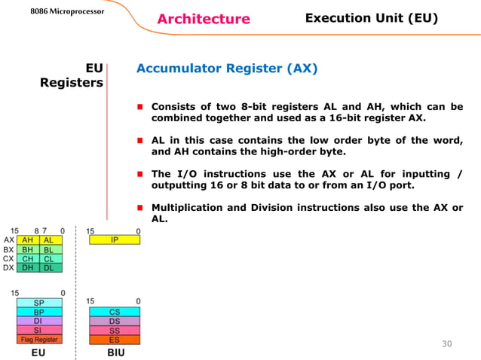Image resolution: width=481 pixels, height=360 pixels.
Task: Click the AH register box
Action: [27, 240]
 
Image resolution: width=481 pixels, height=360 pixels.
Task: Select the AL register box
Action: [51, 240]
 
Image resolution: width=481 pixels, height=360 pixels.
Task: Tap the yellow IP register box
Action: [114, 240]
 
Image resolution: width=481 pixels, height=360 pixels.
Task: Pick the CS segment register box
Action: [114, 311]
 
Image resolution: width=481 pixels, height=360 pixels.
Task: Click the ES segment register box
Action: [114, 340]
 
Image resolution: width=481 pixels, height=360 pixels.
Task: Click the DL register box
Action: [51, 267]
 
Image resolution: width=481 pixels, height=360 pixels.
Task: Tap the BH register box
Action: [27, 249]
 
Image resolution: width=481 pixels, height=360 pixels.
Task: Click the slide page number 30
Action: [446, 344]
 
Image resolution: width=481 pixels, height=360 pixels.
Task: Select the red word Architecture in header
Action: [203, 19]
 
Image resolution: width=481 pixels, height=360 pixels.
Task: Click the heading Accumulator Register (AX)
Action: [227, 69]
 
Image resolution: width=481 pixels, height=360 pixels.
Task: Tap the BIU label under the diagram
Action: [115, 352]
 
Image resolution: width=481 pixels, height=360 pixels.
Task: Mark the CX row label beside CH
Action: [8, 258]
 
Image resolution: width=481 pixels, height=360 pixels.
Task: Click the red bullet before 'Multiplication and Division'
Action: [140, 208]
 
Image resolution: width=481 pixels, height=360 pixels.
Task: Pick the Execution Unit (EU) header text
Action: [371, 18]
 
